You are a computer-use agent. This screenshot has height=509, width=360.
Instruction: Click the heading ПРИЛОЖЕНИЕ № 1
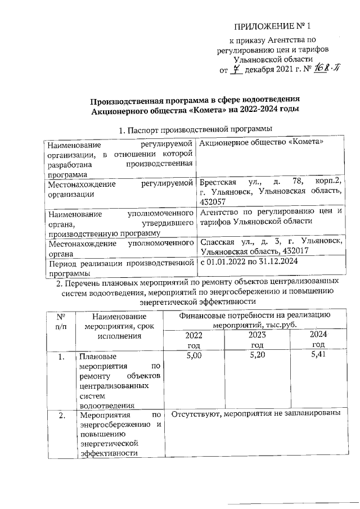coord(272,26)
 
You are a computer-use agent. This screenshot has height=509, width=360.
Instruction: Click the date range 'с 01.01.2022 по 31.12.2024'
coord(249,262)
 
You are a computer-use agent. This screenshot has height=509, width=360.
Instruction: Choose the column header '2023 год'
coord(256,340)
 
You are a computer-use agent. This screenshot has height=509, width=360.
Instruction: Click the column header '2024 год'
coord(318,340)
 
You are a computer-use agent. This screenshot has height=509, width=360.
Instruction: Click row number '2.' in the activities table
coord(62,416)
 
